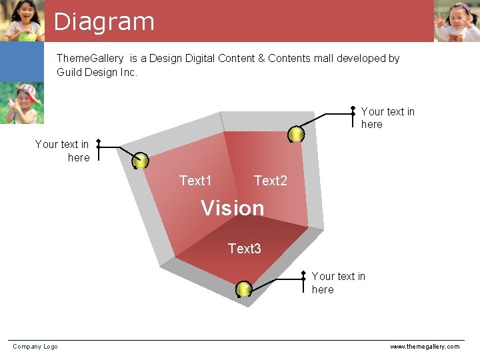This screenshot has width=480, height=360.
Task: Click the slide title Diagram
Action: tap(104, 21)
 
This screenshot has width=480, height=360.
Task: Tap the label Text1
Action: tap(195, 181)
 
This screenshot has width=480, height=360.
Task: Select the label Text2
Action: tap(270, 181)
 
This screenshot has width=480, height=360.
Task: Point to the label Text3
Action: tap(244, 249)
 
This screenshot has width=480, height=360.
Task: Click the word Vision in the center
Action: tap(233, 208)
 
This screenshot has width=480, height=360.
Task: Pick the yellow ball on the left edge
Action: tap(140, 161)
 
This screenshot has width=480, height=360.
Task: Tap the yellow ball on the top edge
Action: tap(296, 134)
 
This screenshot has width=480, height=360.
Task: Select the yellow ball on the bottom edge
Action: tap(244, 289)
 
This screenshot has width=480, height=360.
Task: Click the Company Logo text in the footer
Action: tap(35, 346)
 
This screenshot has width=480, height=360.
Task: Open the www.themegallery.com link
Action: tap(425, 346)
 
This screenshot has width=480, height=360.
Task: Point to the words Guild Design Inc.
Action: tap(97, 72)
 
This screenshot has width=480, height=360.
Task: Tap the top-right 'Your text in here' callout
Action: tap(387, 118)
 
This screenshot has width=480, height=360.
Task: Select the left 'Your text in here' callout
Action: tap(62, 151)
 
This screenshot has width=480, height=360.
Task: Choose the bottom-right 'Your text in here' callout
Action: tap(338, 283)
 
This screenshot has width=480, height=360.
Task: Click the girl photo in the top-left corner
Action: tap(22, 20)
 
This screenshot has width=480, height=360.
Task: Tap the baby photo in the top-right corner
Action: tap(457, 21)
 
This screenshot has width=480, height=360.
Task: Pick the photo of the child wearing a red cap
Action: tap(21, 103)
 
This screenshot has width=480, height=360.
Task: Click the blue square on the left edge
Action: tap(21, 62)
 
